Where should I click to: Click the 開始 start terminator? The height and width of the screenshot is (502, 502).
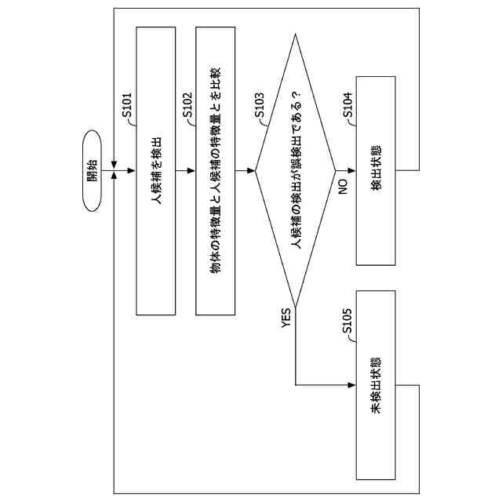click(92, 170)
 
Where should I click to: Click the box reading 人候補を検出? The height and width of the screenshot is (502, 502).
click(156, 170)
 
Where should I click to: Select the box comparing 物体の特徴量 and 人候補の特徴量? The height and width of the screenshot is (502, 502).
click(216, 170)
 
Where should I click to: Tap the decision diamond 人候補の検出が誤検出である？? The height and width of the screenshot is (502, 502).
click(296, 170)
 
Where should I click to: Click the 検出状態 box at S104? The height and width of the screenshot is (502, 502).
click(376, 170)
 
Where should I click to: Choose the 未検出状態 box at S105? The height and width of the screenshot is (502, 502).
click(376, 385)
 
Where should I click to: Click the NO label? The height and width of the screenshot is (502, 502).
click(342, 187)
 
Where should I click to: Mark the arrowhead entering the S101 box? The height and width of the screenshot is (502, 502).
click(133, 170)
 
